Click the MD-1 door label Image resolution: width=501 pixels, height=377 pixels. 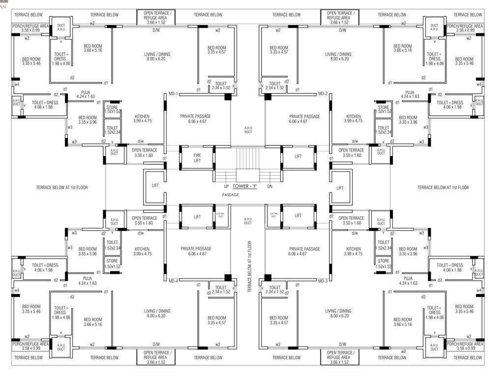pyautogui.click(x=173, y=93)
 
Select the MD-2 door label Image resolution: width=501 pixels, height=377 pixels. pyautogui.click(x=323, y=93)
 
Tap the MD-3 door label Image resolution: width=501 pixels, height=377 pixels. pyautogui.click(x=323, y=281)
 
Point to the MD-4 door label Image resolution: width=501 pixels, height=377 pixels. pyautogui.click(x=173, y=281)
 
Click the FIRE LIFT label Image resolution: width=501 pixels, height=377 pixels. pyautogui.click(x=197, y=158)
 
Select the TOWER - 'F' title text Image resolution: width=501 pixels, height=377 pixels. pyautogui.click(x=247, y=187)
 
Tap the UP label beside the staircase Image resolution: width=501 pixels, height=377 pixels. pyautogui.click(x=226, y=187)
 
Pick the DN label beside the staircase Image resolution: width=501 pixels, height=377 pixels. pyautogui.click(x=269, y=187)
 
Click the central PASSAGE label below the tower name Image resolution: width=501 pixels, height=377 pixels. pyautogui.click(x=230, y=195)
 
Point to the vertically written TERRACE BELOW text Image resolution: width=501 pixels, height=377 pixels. pyautogui.click(x=250, y=267)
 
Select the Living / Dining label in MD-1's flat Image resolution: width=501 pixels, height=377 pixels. pyautogui.click(x=158, y=56)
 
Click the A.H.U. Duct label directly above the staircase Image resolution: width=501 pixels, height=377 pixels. pyautogui.click(x=248, y=130)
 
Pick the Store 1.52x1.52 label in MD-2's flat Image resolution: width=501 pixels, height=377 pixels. pyautogui.click(x=383, y=109)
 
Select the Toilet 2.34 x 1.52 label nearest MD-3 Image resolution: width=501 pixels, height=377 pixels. pyautogui.click(x=275, y=290)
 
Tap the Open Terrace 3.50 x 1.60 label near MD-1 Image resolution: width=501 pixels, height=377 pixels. pyautogui.click(x=145, y=153)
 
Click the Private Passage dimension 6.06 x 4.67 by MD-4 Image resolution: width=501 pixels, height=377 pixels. pyautogui.click(x=196, y=254)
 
